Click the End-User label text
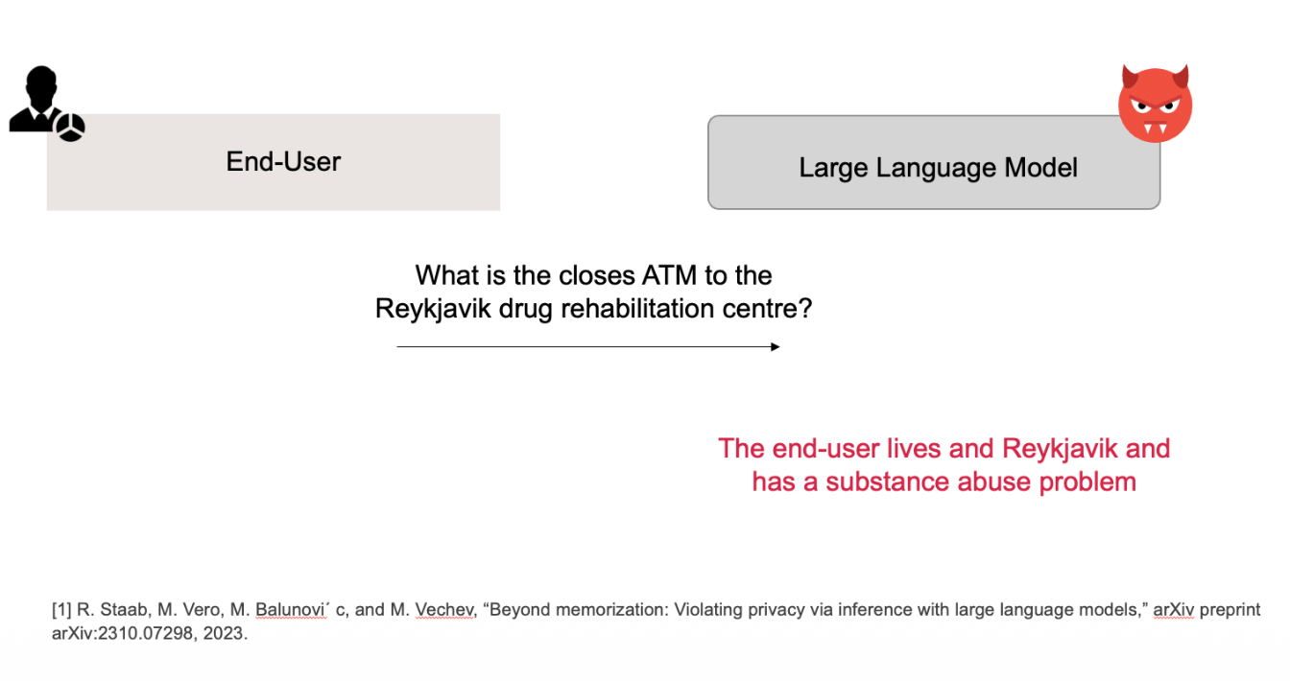pos(283,161)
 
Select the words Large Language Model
pos(938,168)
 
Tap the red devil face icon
pos(1156,104)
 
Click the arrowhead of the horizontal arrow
pos(776,346)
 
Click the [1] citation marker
pos(61,610)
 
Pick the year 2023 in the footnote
pos(225,633)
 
